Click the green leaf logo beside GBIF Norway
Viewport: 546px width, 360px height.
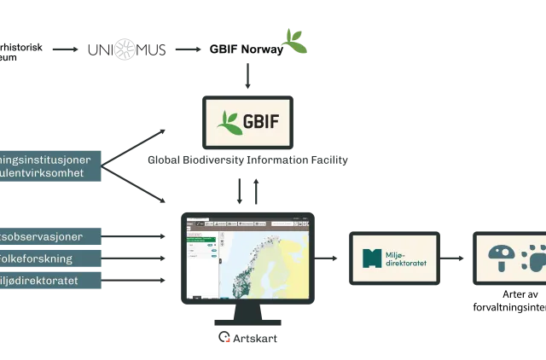pyautogui.click(x=296, y=42)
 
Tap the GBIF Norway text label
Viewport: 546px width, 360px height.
pyautogui.click(x=248, y=49)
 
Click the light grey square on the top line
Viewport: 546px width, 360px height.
pyautogui.click(x=125, y=50)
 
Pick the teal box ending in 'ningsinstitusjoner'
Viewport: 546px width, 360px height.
pyautogui.click(x=49, y=159)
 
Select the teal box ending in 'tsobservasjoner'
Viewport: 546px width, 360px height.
pyautogui.click(x=49, y=235)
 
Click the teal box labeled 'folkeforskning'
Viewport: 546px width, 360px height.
pyautogui.click(x=49, y=258)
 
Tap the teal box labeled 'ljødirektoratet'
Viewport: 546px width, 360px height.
pyautogui.click(x=49, y=281)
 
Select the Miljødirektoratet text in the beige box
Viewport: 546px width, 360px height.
pyautogui.click(x=409, y=258)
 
